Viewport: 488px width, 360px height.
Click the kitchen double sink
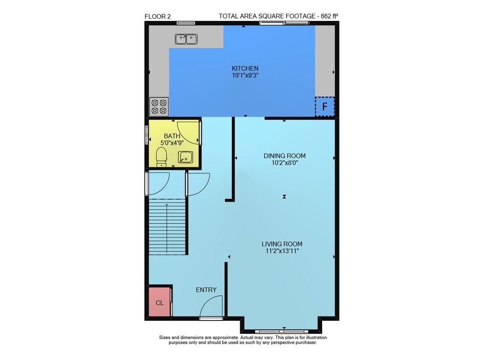[186, 39]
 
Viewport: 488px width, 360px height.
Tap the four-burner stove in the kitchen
[159, 106]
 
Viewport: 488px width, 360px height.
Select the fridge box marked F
[325, 106]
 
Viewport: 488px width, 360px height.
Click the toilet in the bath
[161, 157]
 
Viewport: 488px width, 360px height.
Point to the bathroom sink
[185, 157]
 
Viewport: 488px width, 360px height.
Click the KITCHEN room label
[245, 68]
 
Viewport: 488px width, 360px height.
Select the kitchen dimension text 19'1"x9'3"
[245, 75]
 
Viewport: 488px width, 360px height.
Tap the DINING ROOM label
[285, 156]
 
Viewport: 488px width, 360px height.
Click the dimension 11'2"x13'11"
[282, 251]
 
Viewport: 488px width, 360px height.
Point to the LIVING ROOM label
[282, 244]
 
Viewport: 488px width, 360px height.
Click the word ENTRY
[206, 290]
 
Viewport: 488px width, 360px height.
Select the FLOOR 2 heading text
[158, 17]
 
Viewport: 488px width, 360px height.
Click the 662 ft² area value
[329, 16]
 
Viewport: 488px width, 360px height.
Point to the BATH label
[172, 136]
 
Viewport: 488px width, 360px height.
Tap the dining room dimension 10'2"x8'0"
[285, 163]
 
